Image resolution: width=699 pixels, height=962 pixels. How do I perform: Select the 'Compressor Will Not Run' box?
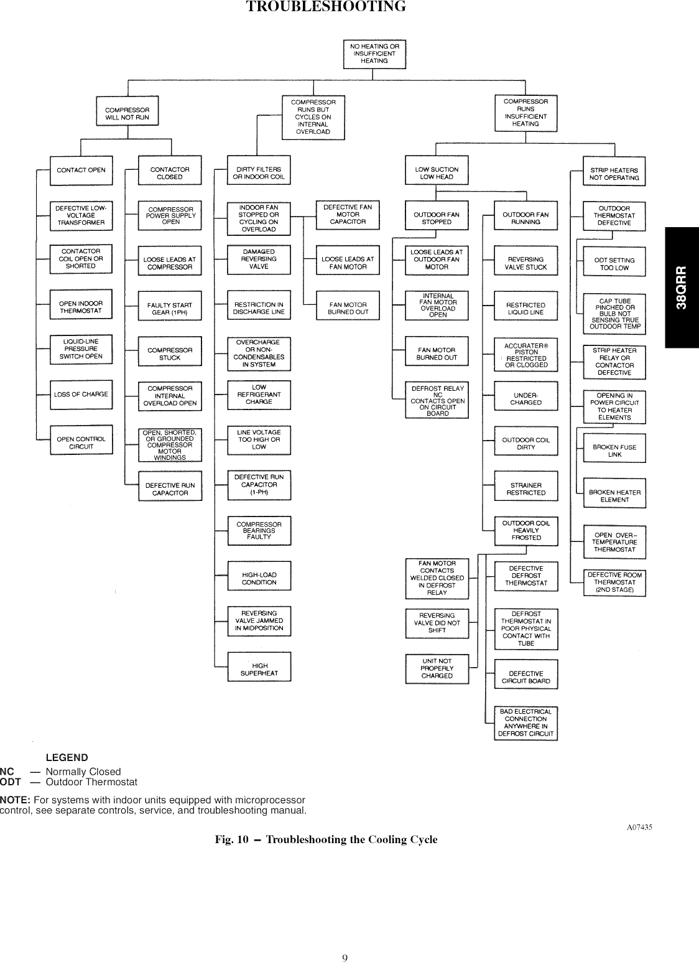(127, 113)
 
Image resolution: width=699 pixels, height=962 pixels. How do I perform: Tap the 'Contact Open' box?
(81, 170)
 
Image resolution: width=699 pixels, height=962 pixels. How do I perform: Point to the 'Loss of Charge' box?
(81, 394)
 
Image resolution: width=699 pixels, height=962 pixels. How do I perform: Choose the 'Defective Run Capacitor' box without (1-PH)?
(170, 488)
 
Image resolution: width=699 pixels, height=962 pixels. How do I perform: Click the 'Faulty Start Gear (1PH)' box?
(170, 309)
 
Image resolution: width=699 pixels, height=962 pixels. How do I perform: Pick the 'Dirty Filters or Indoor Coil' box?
(259, 172)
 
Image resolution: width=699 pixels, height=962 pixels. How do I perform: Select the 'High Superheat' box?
(259, 669)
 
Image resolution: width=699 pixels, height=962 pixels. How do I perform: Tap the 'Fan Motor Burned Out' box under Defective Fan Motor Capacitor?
(348, 308)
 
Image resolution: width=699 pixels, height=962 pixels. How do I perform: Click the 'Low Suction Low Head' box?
(437, 172)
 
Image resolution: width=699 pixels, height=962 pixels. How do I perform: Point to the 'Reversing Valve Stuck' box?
(525, 263)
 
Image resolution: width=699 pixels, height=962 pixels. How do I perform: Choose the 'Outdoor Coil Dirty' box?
(525, 443)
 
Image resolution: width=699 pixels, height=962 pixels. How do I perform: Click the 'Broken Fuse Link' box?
(614, 451)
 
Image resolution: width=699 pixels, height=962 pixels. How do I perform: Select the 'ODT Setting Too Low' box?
(614, 264)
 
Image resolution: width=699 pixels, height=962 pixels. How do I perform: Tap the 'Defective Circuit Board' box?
(525, 677)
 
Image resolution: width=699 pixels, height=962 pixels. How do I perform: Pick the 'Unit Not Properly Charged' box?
(437, 668)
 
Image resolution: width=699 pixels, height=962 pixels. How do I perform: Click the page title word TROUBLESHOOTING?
(326, 7)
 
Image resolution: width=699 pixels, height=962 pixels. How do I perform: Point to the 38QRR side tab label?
(682, 287)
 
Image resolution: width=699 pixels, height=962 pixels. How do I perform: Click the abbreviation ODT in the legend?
(10, 782)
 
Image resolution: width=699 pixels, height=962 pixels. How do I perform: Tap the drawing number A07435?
(639, 827)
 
